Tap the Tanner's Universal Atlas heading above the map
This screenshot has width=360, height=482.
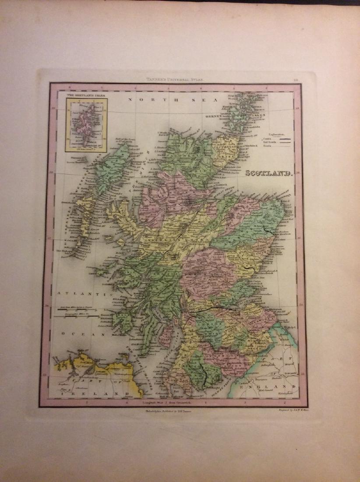pos(175,80)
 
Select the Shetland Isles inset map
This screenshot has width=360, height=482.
pos(86,125)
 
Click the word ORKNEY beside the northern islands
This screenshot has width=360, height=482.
pos(215,117)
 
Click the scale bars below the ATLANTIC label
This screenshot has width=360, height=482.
pos(72,312)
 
